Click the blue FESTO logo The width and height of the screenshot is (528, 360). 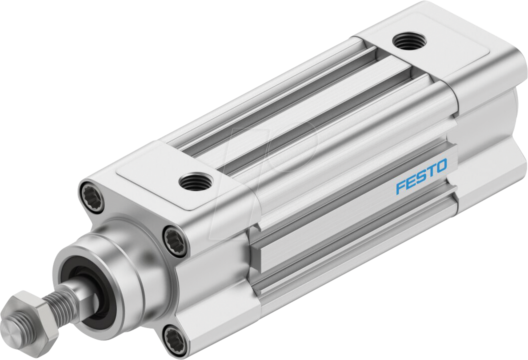click(x=421, y=176)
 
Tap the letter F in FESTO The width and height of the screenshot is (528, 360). click(x=400, y=187)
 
